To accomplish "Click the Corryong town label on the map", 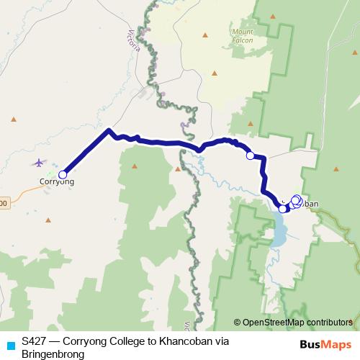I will click(x=56, y=182).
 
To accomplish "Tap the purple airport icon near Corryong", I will click(x=38, y=163).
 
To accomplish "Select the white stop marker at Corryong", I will click(x=63, y=174).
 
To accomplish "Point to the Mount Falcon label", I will click(x=244, y=36).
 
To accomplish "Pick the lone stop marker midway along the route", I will click(x=250, y=156).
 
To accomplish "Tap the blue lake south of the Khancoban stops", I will click(x=279, y=235).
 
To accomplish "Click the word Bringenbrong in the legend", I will click(x=54, y=354).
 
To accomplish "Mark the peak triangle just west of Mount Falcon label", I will click(x=204, y=35).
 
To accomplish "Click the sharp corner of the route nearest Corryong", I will click(x=109, y=130).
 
